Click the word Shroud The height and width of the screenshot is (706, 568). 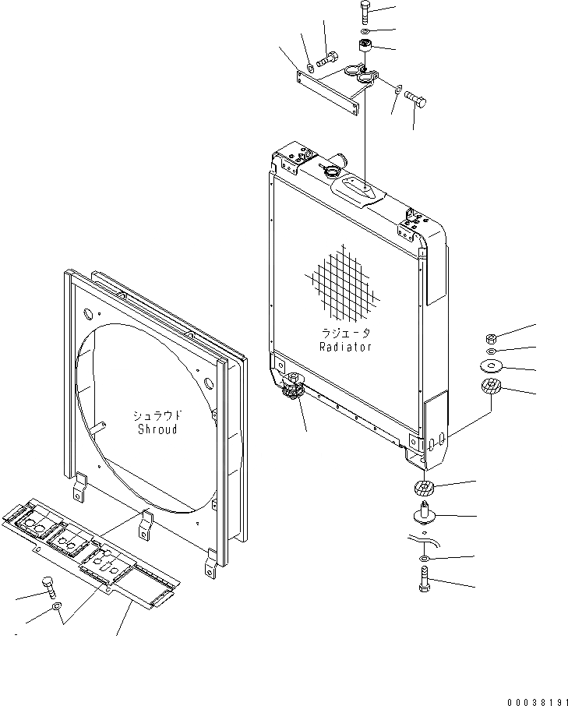click(157, 429)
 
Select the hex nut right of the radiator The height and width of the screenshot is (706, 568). click(492, 339)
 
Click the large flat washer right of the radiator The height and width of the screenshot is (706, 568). click(492, 365)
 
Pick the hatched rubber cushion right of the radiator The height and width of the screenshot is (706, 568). click(492, 388)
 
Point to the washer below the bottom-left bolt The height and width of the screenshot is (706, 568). click(56, 607)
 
